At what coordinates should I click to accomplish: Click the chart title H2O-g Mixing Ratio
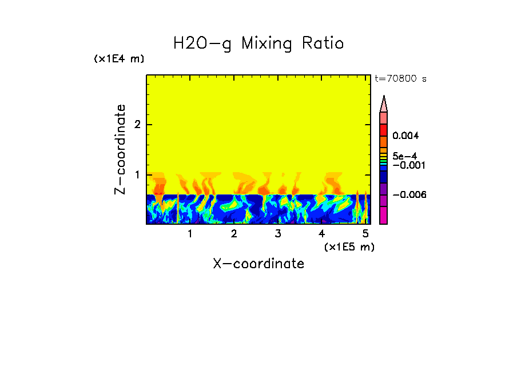(258, 43)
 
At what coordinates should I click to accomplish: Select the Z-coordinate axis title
(120, 149)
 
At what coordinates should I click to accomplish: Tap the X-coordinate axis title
(258, 264)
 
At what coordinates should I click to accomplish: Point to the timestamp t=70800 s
(400, 79)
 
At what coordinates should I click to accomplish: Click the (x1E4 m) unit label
(119, 59)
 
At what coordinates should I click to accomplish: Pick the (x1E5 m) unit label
(349, 246)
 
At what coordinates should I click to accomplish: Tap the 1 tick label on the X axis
(190, 234)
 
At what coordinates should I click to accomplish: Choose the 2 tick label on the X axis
(234, 234)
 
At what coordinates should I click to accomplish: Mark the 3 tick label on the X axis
(278, 234)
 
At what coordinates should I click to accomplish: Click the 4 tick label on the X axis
(321, 234)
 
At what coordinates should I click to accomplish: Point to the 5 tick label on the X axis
(365, 234)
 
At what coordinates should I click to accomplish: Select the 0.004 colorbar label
(406, 136)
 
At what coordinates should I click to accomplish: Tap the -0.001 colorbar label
(407, 165)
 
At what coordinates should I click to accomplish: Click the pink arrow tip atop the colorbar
(383, 104)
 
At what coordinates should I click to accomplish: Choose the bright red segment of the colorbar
(383, 130)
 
